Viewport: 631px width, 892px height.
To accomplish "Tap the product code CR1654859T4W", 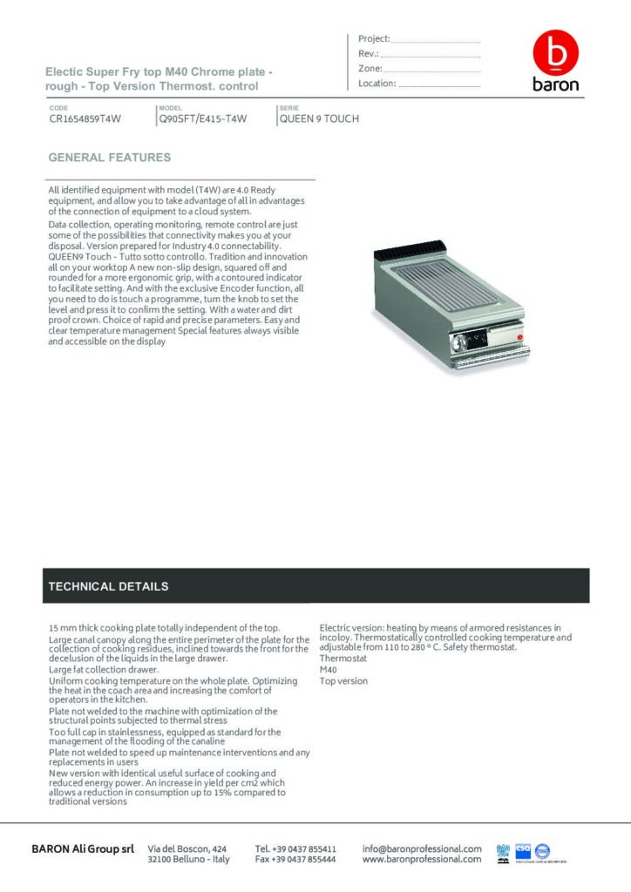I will click(85, 119).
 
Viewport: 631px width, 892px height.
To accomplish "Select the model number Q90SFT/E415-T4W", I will click(202, 119).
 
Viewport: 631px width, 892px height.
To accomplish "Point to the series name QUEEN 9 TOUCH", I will click(319, 119).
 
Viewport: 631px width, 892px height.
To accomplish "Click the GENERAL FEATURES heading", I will click(109, 158).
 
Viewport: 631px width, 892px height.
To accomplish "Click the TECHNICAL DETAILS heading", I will click(108, 586).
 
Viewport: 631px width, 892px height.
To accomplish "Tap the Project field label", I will click(374, 39).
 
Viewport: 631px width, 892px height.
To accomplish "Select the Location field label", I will click(377, 84).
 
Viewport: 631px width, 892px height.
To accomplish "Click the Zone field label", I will click(370, 69).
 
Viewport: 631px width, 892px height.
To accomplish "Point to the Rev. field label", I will click(368, 54).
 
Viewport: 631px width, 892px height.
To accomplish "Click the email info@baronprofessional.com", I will click(422, 848).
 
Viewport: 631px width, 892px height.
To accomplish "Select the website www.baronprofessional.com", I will click(422, 860).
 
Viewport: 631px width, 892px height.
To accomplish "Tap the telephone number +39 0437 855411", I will click(295, 848).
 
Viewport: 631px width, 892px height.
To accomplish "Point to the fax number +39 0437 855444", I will click(295, 860).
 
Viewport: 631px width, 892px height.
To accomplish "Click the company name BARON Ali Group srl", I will click(83, 848).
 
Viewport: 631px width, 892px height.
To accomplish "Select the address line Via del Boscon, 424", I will click(188, 848).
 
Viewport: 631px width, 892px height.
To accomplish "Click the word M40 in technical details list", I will click(328, 669).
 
